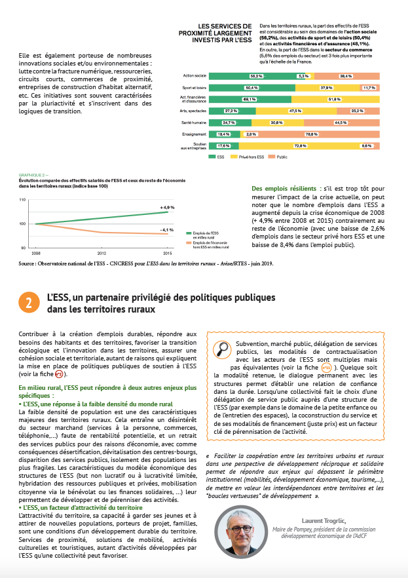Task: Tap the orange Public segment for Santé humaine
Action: pyautogui.click(x=341, y=122)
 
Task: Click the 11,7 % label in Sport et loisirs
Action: pyautogui.click(x=368, y=87)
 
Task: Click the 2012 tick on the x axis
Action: pyautogui.click(x=102, y=252)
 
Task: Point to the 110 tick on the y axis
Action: pyautogui.click(x=22, y=199)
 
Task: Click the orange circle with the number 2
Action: pyautogui.click(x=29, y=302)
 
